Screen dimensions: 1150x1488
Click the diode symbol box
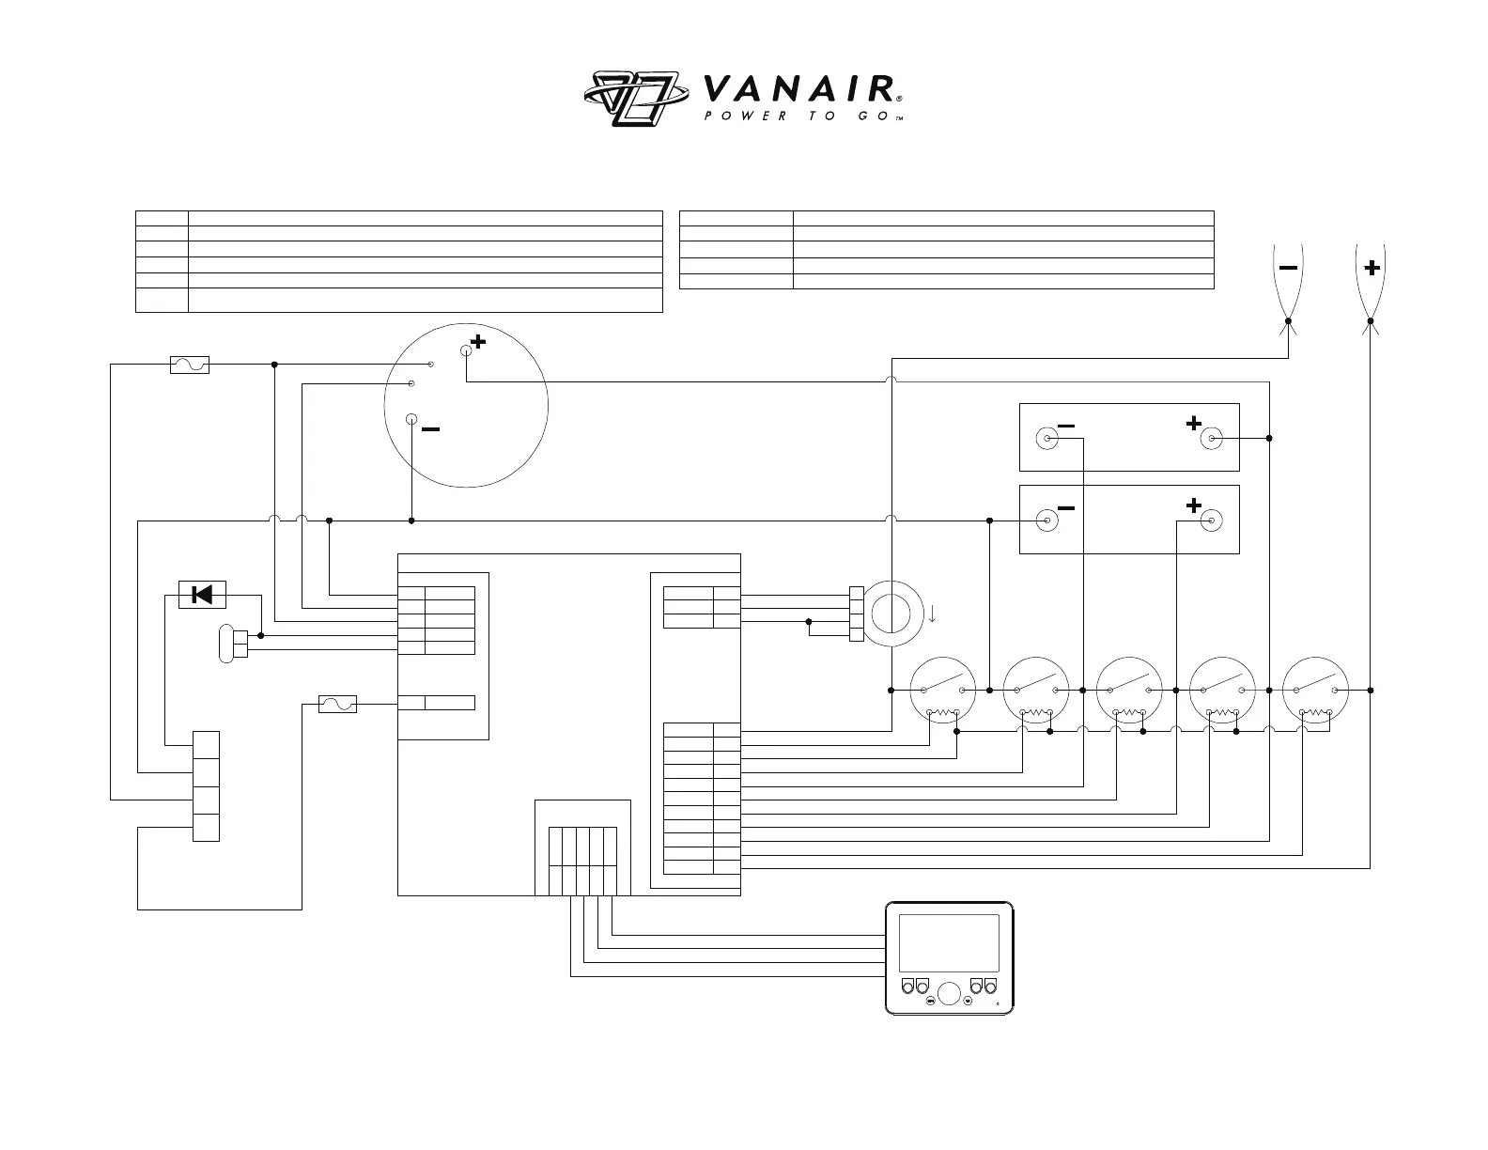click(201, 595)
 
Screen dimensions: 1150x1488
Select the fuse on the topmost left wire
click(189, 365)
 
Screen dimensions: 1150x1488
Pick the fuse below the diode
click(337, 704)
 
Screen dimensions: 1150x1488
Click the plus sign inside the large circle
click(479, 342)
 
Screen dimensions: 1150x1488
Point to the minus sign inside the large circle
click(430, 429)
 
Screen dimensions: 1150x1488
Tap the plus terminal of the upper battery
click(1211, 438)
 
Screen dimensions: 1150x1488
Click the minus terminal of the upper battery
click(1045, 438)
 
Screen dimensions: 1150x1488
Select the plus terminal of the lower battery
click(1211, 520)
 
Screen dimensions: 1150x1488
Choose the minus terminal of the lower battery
click(1045, 520)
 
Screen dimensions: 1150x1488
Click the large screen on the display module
click(949, 943)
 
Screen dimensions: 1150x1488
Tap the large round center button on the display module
click(949, 993)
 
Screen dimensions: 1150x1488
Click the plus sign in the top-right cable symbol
click(1372, 269)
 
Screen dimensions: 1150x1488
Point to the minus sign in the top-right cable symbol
click(1288, 268)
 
